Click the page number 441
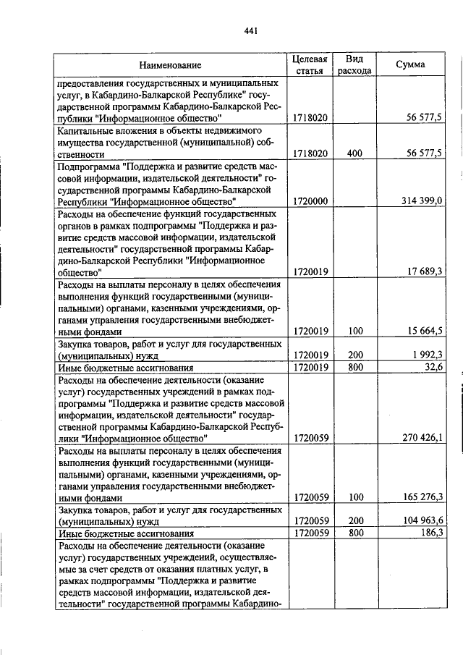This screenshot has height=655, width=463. (x=251, y=30)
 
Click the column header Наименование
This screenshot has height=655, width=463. (x=171, y=65)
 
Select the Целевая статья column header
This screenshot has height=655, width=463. (x=311, y=64)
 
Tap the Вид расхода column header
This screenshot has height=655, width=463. (x=354, y=64)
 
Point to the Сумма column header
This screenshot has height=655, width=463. (x=410, y=64)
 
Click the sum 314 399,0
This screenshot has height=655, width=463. (x=421, y=200)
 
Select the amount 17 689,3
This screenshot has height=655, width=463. (x=425, y=271)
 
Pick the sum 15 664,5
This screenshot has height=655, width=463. (x=425, y=331)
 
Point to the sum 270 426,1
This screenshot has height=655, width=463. (x=421, y=437)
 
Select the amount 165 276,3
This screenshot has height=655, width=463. (x=421, y=496)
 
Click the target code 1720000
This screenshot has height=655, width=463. (x=311, y=200)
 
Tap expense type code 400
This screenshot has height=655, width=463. (x=354, y=153)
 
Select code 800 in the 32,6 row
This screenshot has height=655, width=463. (x=354, y=367)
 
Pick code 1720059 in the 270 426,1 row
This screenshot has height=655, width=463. (x=311, y=437)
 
